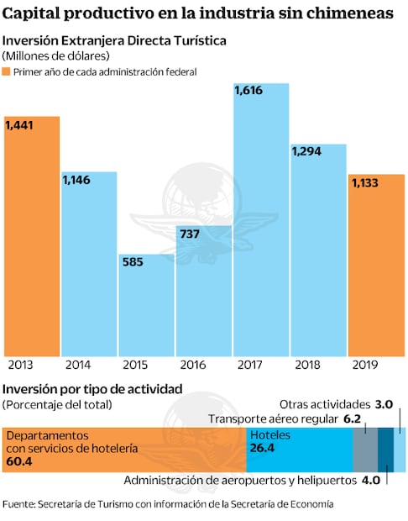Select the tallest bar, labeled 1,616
pos(261,218)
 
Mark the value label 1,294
pos(307,152)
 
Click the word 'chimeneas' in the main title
pos(348,13)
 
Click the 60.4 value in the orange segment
pos(18,461)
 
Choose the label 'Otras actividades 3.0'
pos(336,404)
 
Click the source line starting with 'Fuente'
pos(167,504)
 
